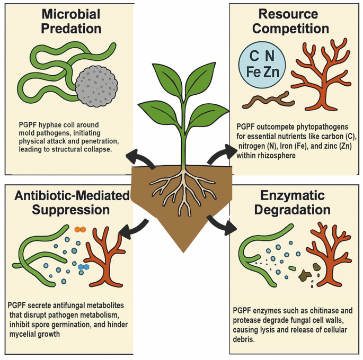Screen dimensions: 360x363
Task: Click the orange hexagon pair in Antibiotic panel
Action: pos(80,229)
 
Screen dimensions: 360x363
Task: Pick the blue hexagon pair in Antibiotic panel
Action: pos(83,267)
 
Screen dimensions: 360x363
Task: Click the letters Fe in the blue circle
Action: pos(253,71)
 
